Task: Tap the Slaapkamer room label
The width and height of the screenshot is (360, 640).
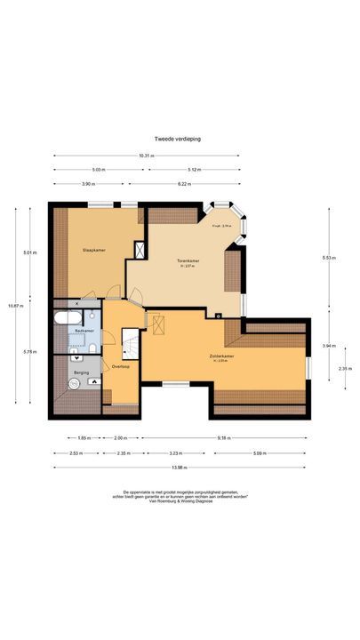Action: tap(94, 250)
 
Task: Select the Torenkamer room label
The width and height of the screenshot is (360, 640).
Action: tap(188, 260)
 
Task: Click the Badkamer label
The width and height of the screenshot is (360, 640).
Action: tap(84, 331)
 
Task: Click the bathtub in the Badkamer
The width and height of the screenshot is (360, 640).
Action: tap(65, 317)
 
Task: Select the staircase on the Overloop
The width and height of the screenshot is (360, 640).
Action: tap(130, 343)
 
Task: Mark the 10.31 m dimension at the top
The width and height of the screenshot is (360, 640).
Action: tap(146, 156)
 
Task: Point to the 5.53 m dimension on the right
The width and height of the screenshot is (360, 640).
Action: tap(328, 258)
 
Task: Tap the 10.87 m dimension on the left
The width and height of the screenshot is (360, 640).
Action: tap(12, 305)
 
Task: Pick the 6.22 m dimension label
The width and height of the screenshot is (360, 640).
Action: tap(184, 184)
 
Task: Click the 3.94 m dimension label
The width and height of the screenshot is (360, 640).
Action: tap(328, 345)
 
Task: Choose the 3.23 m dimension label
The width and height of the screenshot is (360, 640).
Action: tap(175, 452)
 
